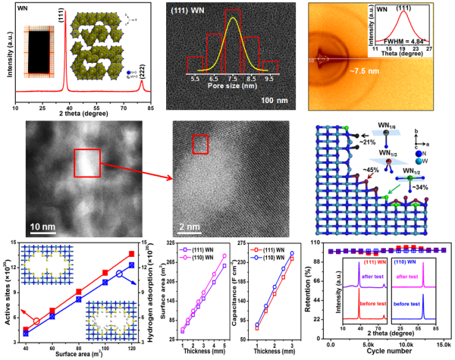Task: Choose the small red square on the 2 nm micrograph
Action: point(200,143)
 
